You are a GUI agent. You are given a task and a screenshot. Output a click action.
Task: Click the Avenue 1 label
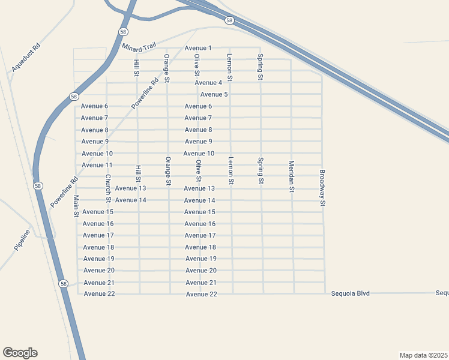(198, 48)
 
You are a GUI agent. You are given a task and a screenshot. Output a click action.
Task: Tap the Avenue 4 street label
(208, 83)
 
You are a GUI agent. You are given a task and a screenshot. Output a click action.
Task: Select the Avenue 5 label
(214, 95)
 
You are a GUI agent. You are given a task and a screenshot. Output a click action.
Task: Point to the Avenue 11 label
(97, 165)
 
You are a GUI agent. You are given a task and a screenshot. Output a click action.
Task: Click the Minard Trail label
(139, 47)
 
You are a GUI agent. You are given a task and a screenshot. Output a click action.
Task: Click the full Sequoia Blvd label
(351, 293)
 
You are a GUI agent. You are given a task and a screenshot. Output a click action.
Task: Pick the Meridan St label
(291, 176)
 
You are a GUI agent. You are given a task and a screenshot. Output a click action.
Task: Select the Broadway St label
(322, 188)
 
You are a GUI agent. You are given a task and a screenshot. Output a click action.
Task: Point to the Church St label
(108, 188)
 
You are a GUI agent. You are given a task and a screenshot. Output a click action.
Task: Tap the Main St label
(76, 205)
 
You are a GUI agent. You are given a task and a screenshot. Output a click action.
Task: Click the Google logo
(20, 353)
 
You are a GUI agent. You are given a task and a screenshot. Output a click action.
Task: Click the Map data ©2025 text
(424, 355)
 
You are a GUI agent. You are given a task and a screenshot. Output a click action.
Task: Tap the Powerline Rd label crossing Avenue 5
(145, 93)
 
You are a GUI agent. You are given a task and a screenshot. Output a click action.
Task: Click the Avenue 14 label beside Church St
(130, 200)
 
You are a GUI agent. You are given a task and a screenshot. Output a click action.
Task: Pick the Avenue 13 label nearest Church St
(130, 188)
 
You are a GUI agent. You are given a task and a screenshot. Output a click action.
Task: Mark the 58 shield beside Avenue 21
(64, 283)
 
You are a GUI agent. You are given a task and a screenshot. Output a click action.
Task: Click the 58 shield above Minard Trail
(123, 32)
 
